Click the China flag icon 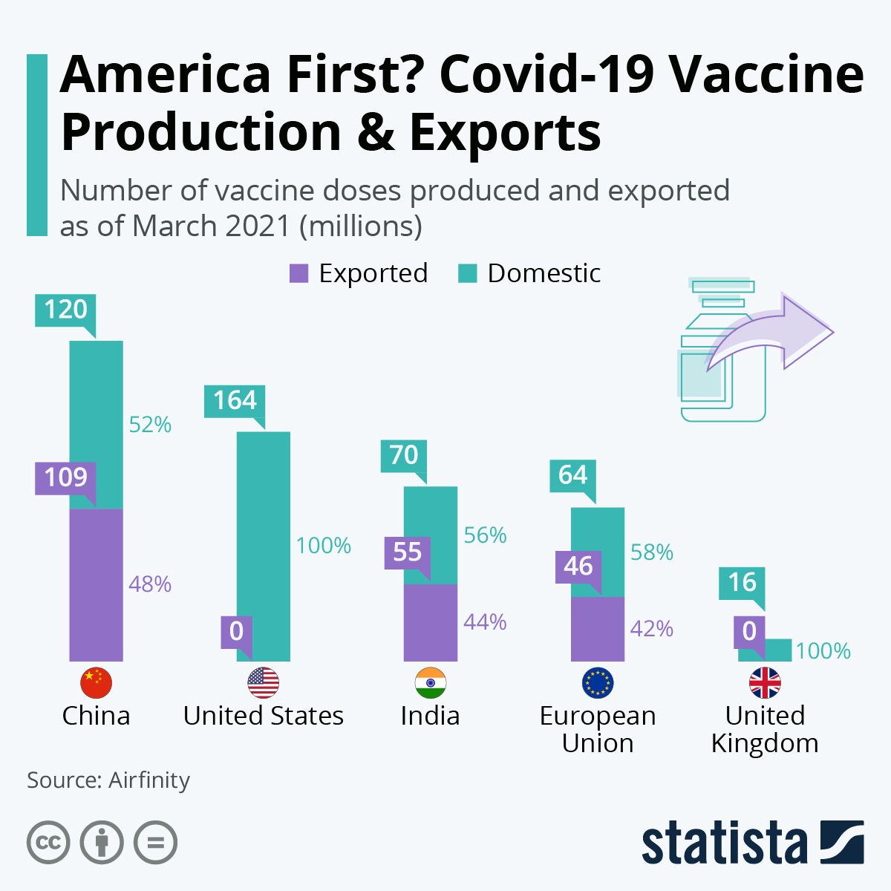point(96,682)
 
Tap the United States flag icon point(263,682)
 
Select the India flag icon point(431,682)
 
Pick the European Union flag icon point(598,682)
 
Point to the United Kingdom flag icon point(765,682)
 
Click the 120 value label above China point(65,309)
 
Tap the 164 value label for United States point(235,401)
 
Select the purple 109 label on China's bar point(65,477)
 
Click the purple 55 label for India point(407,552)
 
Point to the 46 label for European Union point(578,566)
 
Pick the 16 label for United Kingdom point(742,583)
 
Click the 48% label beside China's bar point(150,584)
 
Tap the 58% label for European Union point(651,552)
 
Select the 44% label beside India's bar point(485,621)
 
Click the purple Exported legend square point(298,273)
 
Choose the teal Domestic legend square point(467,273)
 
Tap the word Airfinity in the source point(149,780)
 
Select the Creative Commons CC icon point(48,843)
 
